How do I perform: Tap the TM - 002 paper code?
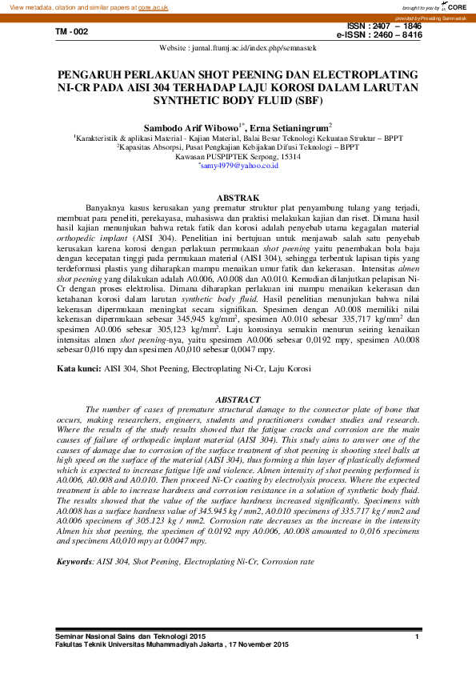71,32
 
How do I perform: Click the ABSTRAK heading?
238,197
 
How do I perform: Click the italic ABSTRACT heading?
238,399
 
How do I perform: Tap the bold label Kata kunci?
78,369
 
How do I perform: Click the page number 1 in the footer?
418,636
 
